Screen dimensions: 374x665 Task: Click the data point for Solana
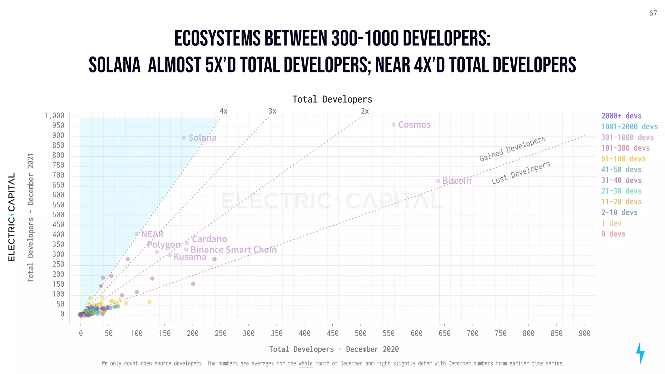[183, 138]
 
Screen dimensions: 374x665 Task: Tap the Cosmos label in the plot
[414, 125]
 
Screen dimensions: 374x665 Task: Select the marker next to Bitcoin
[438, 181]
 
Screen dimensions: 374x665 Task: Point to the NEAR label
[152, 234]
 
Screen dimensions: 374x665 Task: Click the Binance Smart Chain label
[233, 250]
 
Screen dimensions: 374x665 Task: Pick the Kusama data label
[190, 257]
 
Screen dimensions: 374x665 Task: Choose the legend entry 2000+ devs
[621, 116]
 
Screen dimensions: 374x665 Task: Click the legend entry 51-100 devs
[623, 159]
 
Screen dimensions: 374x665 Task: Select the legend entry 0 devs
[613, 234]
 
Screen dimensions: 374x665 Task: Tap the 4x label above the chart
[223, 111]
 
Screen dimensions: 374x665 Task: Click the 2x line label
[365, 111]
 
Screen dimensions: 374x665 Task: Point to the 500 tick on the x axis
[360, 333]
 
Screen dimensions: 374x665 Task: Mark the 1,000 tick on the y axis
[55, 116]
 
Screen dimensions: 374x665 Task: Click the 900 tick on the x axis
[584, 333]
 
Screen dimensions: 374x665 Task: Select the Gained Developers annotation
[512, 148]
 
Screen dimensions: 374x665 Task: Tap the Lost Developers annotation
[521, 173]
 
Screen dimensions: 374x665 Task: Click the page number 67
[653, 13]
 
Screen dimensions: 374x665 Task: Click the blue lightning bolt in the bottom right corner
[640, 352]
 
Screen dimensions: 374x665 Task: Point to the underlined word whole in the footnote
[306, 363]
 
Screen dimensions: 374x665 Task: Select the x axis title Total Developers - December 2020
[334, 349]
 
